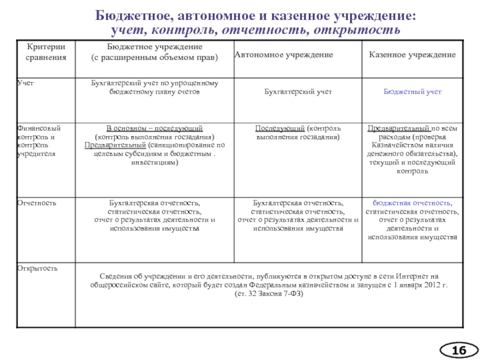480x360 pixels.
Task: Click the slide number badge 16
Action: (460, 349)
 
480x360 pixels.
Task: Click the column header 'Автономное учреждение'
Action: (283, 55)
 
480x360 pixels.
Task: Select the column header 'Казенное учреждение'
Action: (412, 55)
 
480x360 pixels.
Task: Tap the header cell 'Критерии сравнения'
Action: (46, 52)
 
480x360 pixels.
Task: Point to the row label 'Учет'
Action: (25, 83)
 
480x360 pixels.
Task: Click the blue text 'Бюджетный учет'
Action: (412, 92)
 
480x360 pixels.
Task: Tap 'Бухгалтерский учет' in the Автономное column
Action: (298, 92)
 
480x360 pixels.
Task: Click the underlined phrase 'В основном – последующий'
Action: (154, 128)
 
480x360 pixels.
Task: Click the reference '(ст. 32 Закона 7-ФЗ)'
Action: (269, 294)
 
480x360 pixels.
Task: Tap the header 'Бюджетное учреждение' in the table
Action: (154, 47)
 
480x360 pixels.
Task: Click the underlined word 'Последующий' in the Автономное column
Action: (280, 128)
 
